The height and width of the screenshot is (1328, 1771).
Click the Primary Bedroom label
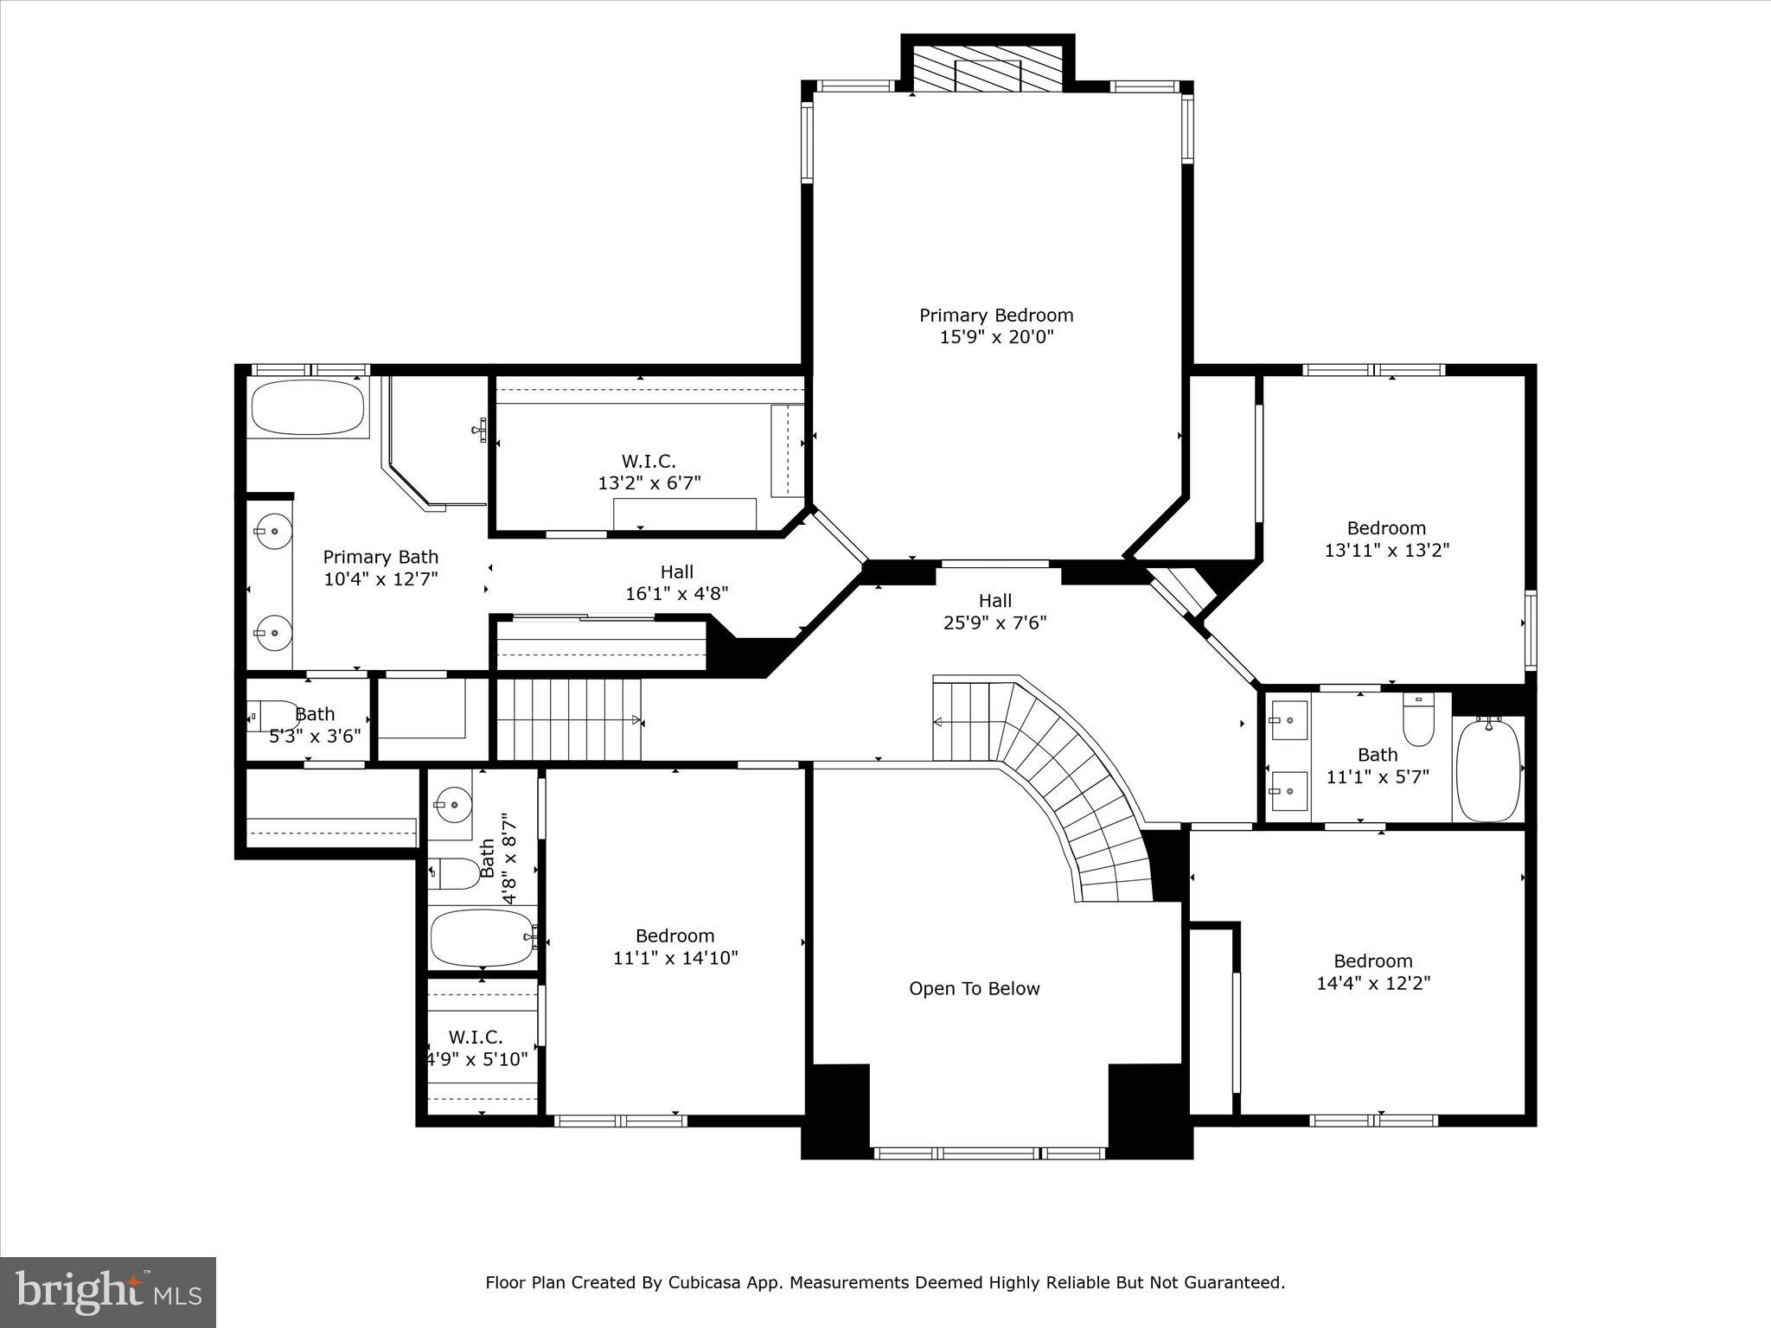[x=995, y=316]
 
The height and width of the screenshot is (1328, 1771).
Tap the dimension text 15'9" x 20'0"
[x=995, y=338]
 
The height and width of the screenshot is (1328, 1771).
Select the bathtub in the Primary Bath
[x=308, y=407]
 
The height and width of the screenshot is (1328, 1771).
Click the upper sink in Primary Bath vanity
[x=273, y=531]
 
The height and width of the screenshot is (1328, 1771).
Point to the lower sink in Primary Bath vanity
[x=273, y=632]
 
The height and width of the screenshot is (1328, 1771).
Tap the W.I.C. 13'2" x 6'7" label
[x=649, y=472]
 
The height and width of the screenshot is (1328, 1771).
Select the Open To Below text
[x=974, y=989]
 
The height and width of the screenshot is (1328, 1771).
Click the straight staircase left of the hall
[x=567, y=719]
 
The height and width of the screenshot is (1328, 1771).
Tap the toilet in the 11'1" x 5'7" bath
[x=1418, y=721]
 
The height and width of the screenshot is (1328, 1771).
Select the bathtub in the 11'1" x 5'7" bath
[x=1488, y=769]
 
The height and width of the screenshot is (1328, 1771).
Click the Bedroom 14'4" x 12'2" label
[x=1373, y=972]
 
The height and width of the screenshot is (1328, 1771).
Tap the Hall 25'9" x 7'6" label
[x=995, y=611]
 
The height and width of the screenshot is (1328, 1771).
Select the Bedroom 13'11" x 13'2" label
[x=1386, y=539]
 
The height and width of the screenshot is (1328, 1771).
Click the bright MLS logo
[x=108, y=1292]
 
